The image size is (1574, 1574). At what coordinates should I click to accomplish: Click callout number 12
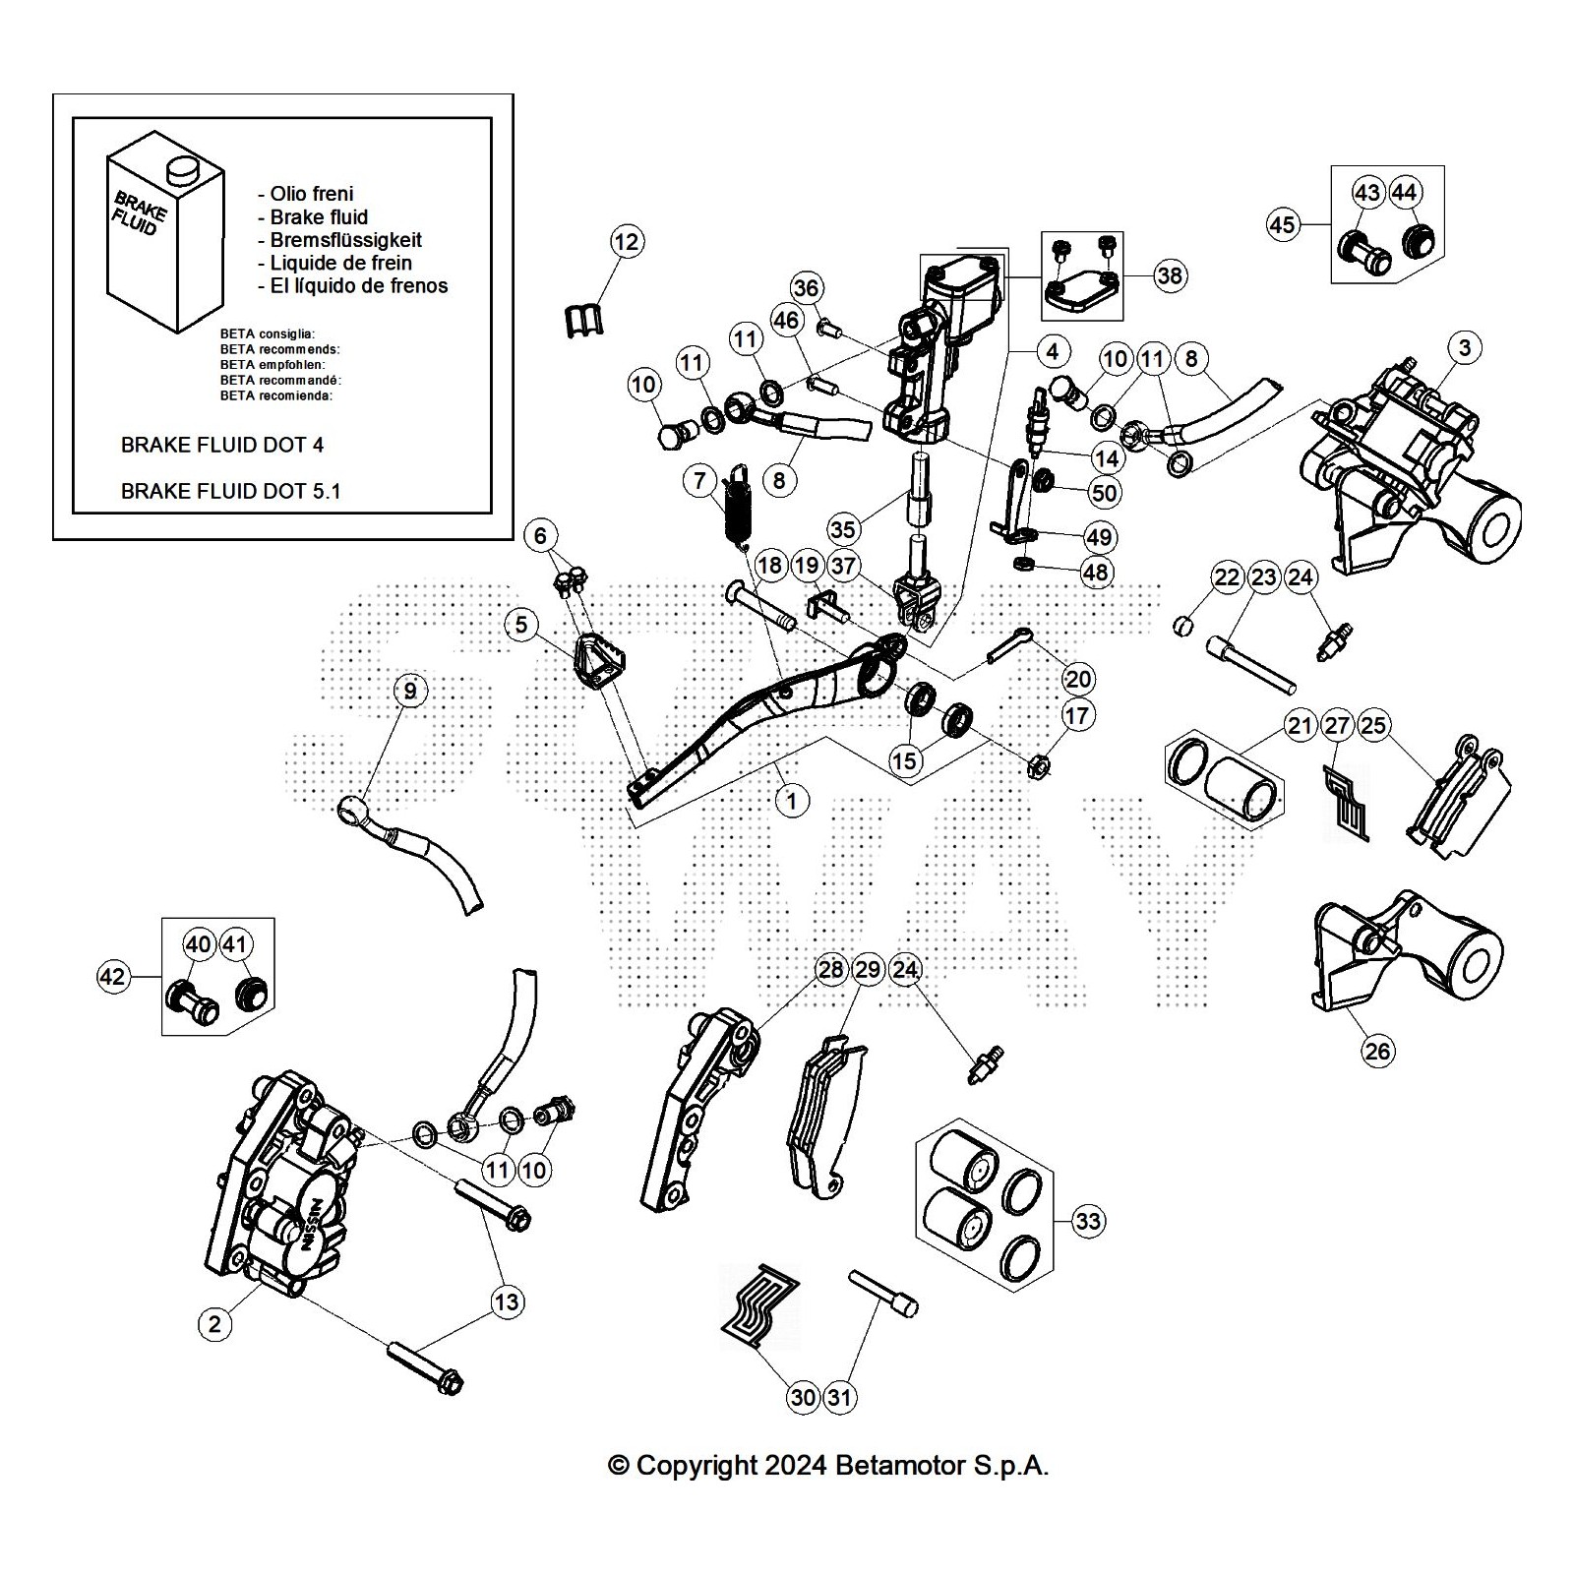pyautogui.click(x=627, y=241)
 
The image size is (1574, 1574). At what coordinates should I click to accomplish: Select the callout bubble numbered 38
pyautogui.click(x=1169, y=275)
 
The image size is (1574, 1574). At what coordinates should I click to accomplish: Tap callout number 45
pyautogui.click(x=1282, y=224)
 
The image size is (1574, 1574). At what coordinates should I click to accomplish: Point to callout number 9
pyautogui.click(x=410, y=691)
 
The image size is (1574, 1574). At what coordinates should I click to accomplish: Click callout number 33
pyautogui.click(x=1088, y=1221)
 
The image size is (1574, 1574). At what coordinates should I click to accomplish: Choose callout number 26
pyautogui.click(x=1377, y=1051)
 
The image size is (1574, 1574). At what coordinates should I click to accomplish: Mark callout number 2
pyautogui.click(x=214, y=1323)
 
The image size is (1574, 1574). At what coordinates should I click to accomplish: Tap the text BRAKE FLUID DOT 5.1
pyautogui.click(x=230, y=491)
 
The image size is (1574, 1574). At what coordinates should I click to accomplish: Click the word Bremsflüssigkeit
pyautogui.click(x=345, y=240)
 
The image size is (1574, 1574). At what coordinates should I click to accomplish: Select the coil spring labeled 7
pyautogui.click(x=737, y=504)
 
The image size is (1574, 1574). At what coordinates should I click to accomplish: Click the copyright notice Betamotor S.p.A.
pyautogui.click(x=828, y=1466)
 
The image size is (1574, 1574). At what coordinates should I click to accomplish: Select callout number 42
pyautogui.click(x=113, y=976)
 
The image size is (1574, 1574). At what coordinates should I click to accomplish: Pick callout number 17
pyautogui.click(x=1077, y=715)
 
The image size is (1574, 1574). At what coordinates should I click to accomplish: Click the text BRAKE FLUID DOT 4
pyautogui.click(x=221, y=445)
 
